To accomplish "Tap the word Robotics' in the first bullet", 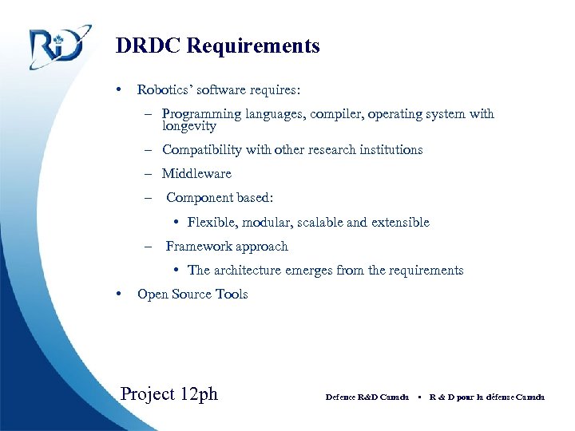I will [163, 90].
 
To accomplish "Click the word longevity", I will [188, 126].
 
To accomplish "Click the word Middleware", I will [196, 174].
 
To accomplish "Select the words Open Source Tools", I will [192, 295].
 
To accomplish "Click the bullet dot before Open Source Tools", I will [118, 293].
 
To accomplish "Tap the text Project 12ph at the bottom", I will [169, 394].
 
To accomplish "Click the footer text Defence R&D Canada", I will [367, 397].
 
